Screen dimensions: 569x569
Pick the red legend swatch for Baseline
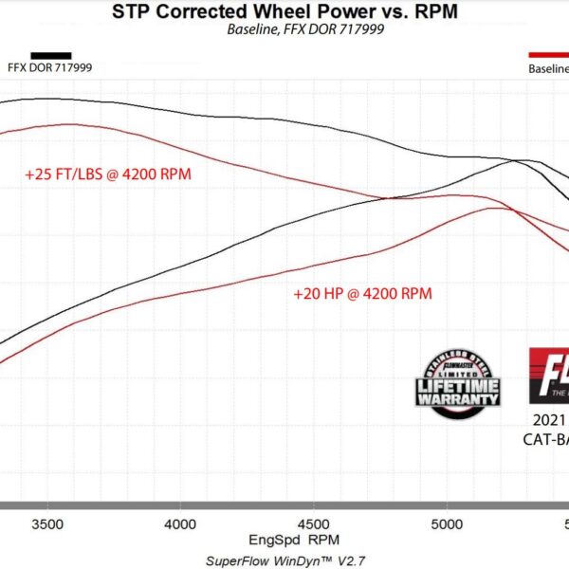[548, 56]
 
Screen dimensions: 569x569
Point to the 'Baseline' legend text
[548, 68]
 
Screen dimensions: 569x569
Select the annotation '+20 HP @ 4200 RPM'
[362, 294]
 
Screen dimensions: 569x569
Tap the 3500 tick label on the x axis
[46, 523]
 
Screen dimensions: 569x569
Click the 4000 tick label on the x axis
[180, 523]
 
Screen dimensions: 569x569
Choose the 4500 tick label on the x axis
[314, 523]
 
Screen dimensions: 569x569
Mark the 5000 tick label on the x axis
[447, 523]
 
